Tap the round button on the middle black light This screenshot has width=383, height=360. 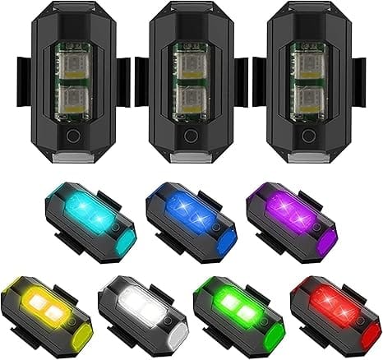click(x=192, y=136)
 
